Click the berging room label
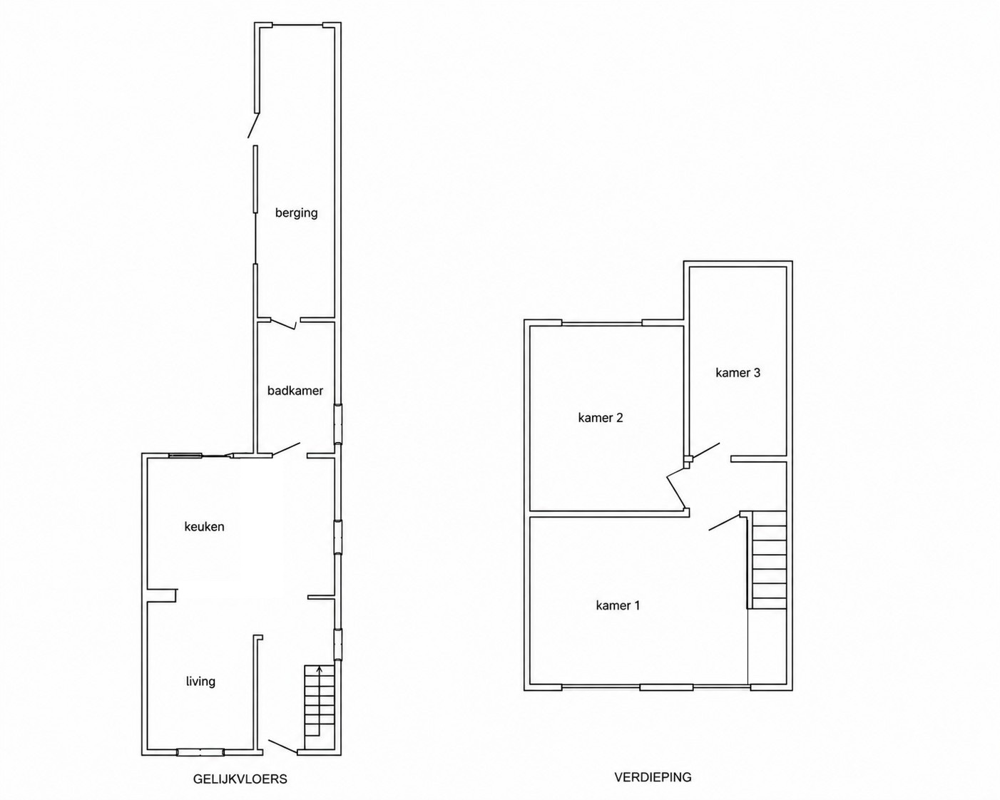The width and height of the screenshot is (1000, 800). coord(297,213)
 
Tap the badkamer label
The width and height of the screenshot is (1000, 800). coord(295,391)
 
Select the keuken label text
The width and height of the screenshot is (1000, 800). coord(205,527)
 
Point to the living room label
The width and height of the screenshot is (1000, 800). coord(200,682)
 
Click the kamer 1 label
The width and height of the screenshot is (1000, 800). coord(618,605)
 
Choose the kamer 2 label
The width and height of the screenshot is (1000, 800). coord(601,418)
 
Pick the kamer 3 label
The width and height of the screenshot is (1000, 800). coord(738,373)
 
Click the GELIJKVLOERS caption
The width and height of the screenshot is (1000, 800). coord(240,779)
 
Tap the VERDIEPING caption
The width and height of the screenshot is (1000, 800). coord(653,776)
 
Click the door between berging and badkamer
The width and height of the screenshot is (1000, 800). coord(283,324)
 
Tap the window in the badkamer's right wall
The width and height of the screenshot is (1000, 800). coord(338,424)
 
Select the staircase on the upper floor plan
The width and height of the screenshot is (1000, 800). coord(767,560)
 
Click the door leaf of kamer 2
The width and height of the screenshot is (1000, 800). coord(676,488)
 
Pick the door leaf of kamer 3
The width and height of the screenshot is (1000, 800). coord(705,451)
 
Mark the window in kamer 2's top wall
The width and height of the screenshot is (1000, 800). coord(602,323)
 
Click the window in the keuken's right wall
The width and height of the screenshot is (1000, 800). coord(338,537)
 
